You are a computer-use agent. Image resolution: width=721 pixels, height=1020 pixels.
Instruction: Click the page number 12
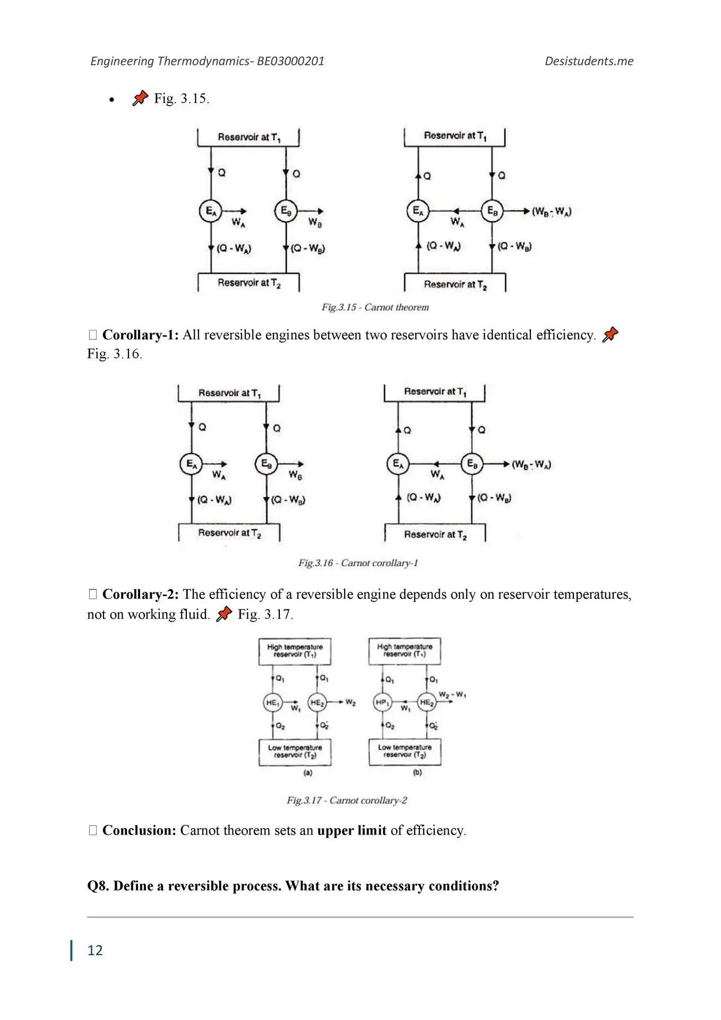pos(95,950)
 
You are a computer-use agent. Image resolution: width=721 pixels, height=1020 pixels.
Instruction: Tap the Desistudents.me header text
pos(589,61)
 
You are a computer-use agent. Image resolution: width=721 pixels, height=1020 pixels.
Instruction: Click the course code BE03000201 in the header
pos(290,61)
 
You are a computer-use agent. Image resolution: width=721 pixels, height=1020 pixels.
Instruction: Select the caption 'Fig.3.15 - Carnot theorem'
pos(375,307)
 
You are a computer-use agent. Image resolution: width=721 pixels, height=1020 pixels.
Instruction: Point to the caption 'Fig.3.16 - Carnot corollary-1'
pos(358,563)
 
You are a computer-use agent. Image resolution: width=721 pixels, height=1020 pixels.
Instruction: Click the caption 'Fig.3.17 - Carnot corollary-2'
pos(347,800)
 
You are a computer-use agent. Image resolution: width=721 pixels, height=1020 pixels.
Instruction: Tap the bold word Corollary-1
pos(140,335)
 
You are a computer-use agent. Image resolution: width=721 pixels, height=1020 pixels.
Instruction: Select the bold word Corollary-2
pos(140,594)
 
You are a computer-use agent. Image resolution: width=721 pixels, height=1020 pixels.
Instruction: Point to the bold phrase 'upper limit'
pos(351,830)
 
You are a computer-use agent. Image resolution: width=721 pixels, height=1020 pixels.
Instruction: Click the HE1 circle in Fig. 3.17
pos(272,703)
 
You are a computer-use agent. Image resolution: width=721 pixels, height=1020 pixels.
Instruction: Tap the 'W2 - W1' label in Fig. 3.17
pos(452,695)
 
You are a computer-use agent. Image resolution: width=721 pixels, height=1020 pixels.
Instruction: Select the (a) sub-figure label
pos(308,773)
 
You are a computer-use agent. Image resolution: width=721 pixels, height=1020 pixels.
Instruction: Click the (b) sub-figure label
pos(417,773)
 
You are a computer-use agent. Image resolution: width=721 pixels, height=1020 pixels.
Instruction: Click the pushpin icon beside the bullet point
pos(140,98)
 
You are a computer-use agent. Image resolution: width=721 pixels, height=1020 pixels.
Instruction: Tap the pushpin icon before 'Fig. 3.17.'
pos(225,614)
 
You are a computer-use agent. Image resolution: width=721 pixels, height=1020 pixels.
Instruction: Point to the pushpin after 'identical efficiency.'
pos(611,334)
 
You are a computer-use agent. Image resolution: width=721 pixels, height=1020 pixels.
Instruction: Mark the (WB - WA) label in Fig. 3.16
pos(531,464)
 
